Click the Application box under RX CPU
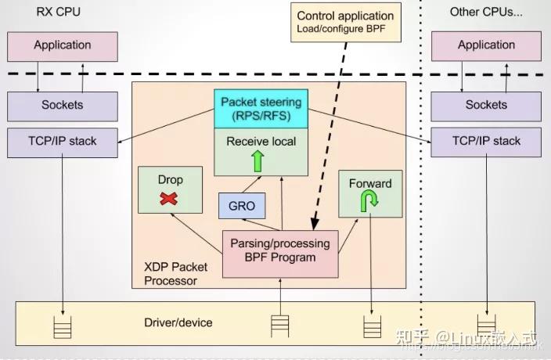point(62,45)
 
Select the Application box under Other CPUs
point(486,45)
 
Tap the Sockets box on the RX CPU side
point(62,105)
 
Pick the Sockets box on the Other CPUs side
point(486,105)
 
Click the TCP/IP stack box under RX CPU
point(62,142)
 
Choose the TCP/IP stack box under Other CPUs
point(486,142)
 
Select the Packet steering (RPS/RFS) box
point(261,109)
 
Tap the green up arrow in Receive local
point(257,160)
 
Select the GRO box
point(242,206)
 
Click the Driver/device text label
point(178,322)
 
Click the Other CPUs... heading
point(485,11)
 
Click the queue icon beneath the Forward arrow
point(371,326)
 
